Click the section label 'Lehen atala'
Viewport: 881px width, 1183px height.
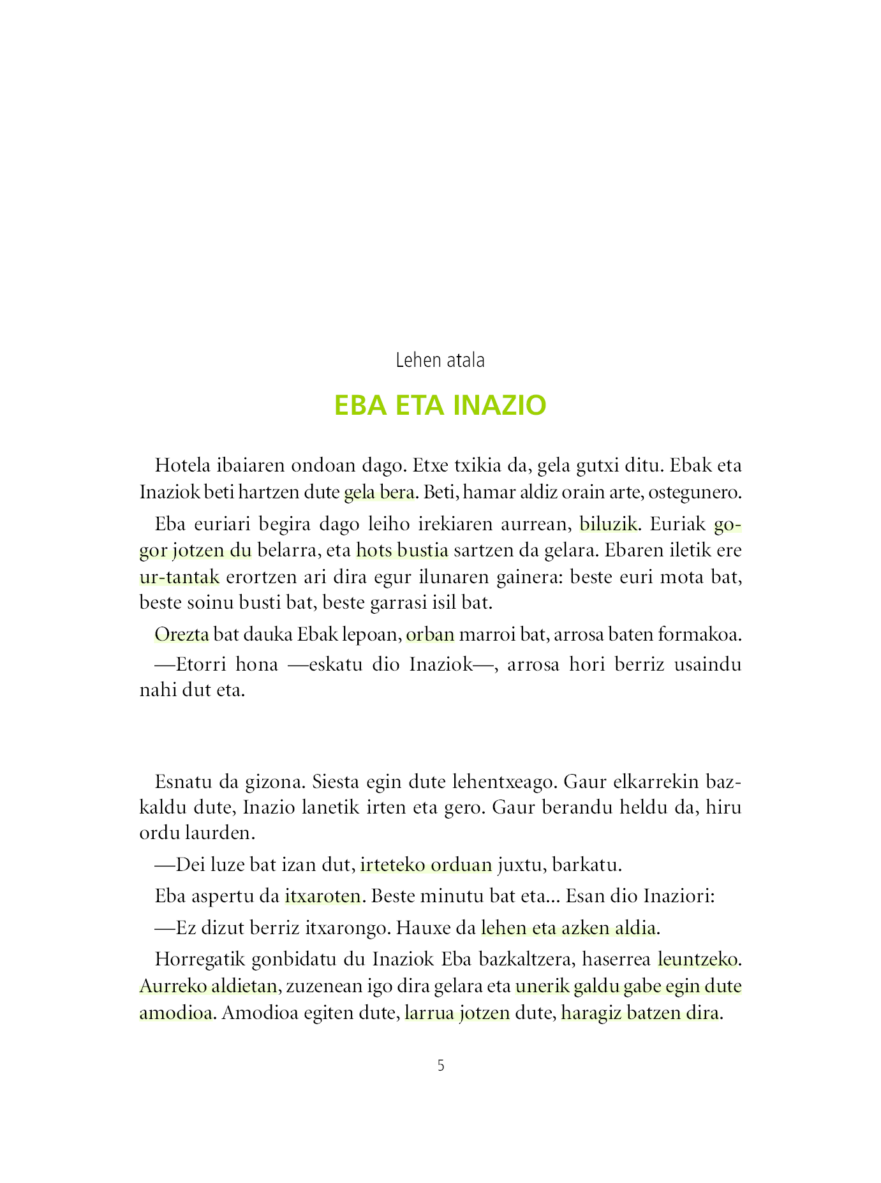point(440,361)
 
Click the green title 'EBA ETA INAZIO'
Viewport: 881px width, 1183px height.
point(440,405)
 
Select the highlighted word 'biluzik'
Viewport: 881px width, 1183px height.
point(608,525)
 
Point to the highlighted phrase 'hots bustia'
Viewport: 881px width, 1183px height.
point(402,550)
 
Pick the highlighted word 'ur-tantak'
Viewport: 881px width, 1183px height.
point(179,577)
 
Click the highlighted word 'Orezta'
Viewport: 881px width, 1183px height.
point(182,635)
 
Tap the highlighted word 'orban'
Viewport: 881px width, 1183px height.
point(430,635)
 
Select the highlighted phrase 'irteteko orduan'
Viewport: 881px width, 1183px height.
point(426,865)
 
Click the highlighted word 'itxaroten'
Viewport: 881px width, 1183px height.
point(323,897)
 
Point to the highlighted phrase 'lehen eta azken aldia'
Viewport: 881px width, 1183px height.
point(568,928)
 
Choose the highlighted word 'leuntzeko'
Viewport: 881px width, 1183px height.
point(699,959)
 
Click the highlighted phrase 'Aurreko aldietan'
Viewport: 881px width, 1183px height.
point(208,986)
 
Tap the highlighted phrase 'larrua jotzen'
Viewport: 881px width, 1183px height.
point(457,1013)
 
